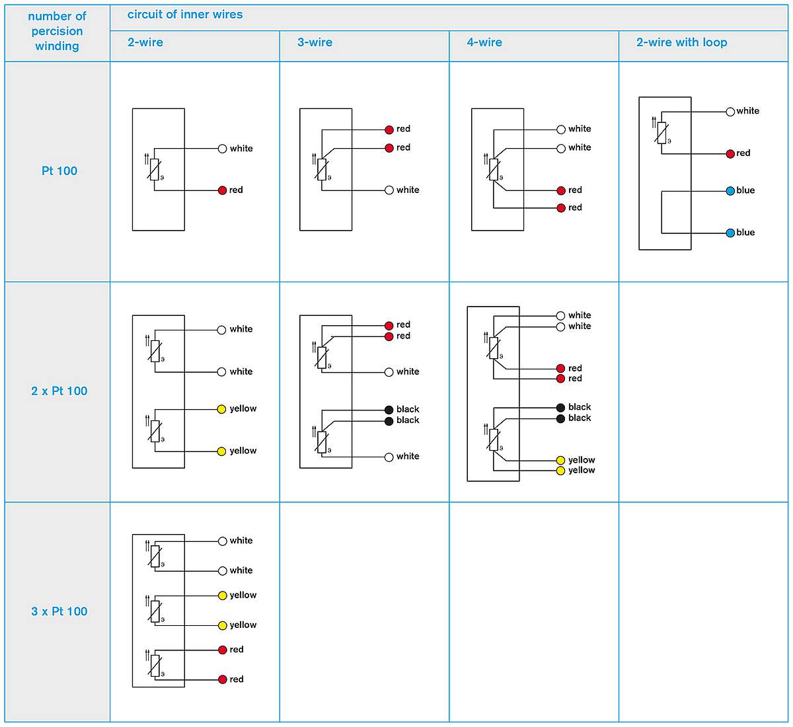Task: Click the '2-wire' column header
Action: [x=145, y=42]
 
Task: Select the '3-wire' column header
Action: [x=315, y=42]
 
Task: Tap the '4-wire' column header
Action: [x=484, y=42]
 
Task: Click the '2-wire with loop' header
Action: [x=681, y=42]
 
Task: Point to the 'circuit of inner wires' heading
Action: [x=184, y=15]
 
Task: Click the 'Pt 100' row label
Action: [x=59, y=171]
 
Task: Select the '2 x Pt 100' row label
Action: [x=59, y=391]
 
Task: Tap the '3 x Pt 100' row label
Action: [x=59, y=611]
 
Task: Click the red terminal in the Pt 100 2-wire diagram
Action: [x=222, y=190]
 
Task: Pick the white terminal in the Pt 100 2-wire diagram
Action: [x=222, y=149]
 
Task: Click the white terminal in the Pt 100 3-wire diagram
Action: [x=389, y=190]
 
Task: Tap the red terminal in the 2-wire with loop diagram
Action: [x=730, y=153]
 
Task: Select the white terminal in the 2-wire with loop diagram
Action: [x=730, y=112]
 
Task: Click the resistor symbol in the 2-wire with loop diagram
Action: [x=661, y=133]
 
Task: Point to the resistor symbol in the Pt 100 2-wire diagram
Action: [x=154, y=170]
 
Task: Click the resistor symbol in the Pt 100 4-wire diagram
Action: [x=494, y=170]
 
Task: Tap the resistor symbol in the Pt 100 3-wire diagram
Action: [x=322, y=170]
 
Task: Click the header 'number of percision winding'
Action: [x=57, y=31]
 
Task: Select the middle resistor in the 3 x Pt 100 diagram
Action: [x=155, y=611]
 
